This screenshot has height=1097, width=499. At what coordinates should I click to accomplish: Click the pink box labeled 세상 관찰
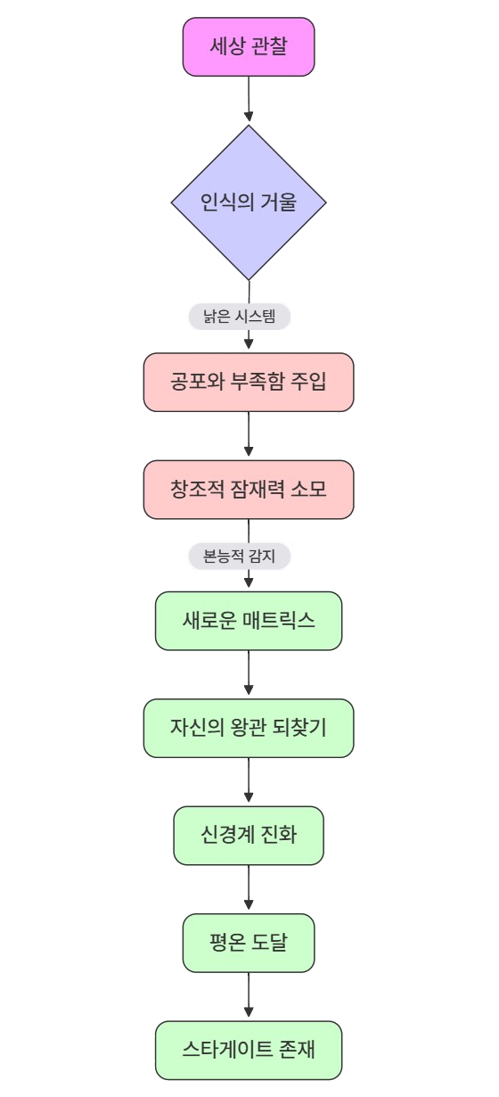pos(249,47)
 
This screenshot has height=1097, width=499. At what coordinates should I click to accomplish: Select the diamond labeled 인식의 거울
pos(249,202)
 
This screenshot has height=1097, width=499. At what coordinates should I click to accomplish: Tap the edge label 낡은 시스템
pos(240,317)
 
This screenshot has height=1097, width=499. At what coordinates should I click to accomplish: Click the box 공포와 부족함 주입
pos(249,382)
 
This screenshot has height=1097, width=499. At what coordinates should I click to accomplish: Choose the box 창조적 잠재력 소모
pos(249,490)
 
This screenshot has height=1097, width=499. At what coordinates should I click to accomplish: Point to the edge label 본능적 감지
pos(240,556)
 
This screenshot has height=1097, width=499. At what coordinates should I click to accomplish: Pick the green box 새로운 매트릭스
pos(249,621)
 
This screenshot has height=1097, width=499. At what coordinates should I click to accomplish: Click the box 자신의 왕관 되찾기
pos(249,729)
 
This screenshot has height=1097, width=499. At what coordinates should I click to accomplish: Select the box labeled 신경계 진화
pos(249,836)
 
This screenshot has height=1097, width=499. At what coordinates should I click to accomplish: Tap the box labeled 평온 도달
pos(249,943)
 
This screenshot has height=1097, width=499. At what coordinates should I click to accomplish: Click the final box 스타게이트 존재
pos(249,1050)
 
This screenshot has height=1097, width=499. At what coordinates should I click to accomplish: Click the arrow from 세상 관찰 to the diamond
pos(249,98)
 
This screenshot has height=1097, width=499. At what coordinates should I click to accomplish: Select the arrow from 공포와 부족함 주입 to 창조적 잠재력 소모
pos(249,434)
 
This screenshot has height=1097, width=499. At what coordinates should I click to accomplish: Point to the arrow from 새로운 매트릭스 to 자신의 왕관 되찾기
pos(249,672)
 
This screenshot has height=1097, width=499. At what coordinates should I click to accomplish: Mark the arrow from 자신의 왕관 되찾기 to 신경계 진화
pos(249,780)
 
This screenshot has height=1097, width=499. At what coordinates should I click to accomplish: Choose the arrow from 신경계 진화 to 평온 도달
pos(249,887)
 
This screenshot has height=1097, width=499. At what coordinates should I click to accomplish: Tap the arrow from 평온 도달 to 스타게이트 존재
pos(249,994)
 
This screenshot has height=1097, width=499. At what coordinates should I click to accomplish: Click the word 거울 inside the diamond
pos(278,202)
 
